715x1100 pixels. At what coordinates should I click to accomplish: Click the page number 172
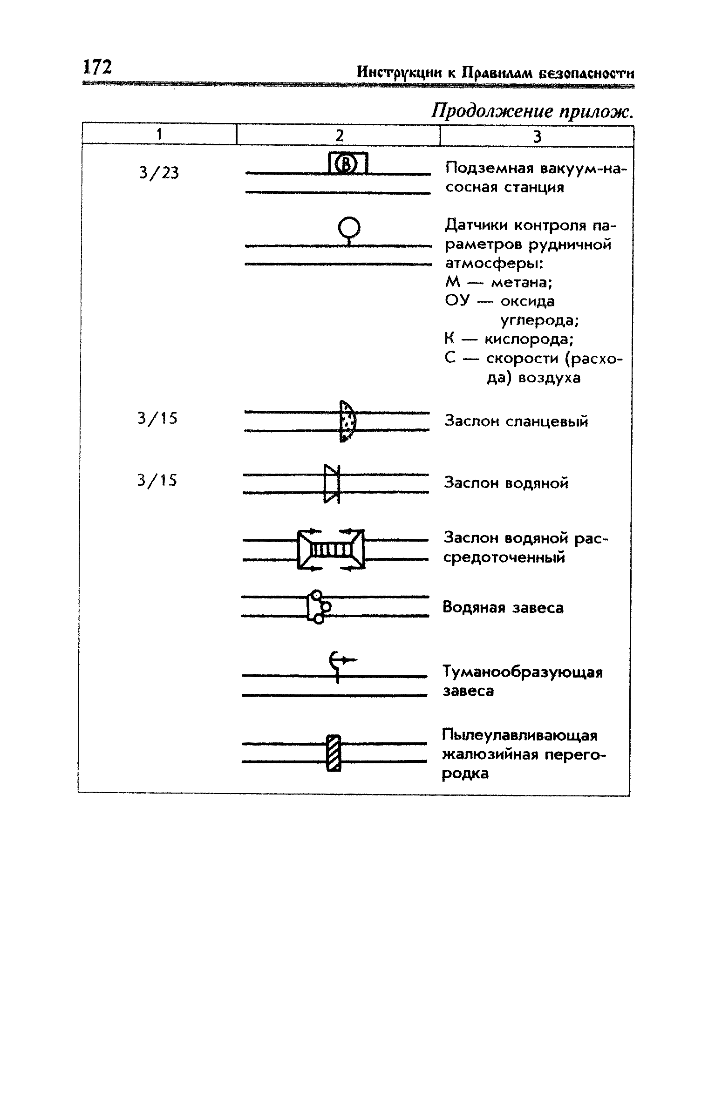97,67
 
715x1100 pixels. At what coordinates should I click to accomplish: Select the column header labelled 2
340,136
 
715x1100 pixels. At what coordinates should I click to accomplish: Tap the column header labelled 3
537,136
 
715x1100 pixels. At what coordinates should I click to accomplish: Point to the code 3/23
159,173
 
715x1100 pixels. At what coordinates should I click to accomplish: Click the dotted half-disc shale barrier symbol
347,421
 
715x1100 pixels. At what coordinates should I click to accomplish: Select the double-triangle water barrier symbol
332,484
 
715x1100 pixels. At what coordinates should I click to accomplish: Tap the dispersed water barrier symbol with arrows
331,550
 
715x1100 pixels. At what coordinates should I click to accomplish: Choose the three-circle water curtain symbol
319,607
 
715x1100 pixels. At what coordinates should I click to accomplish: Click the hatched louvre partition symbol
334,753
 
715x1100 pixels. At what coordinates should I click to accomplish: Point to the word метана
522,283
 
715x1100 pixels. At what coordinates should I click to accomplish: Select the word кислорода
529,340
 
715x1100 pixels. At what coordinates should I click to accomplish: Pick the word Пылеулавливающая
519,736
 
